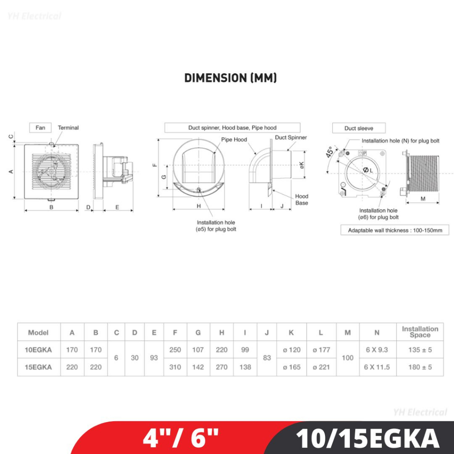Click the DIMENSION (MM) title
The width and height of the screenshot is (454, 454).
(x=231, y=78)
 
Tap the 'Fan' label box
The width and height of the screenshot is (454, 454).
(x=40, y=128)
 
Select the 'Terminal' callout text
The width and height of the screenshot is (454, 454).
(x=68, y=128)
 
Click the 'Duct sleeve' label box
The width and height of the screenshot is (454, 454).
(x=359, y=128)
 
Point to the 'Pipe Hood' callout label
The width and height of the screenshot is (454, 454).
(x=234, y=140)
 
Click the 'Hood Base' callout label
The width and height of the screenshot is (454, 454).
(x=301, y=200)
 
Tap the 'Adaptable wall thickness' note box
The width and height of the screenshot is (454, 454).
(x=395, y=230)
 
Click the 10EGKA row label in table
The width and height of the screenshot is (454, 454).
(x=39, y=350)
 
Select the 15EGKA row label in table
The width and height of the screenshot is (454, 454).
(x=39, y=367)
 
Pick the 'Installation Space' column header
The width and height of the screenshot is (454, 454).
(x=420, y=332)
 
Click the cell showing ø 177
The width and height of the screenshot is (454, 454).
(x=321, y=350)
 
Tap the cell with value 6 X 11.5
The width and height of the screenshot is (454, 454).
(x=377, y=367)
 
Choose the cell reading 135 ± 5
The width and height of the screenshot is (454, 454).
(x=420, y=350)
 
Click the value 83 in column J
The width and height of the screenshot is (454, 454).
(x=266, y=358)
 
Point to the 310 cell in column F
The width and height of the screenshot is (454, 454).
(x=175, y=367)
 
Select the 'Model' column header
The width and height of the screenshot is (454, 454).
(x=39, y=333)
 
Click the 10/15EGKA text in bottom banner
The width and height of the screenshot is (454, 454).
(x=368, y=438)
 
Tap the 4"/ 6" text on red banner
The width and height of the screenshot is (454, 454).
(x=180, y=438)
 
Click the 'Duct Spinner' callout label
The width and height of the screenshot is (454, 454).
(x=291, y=137)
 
